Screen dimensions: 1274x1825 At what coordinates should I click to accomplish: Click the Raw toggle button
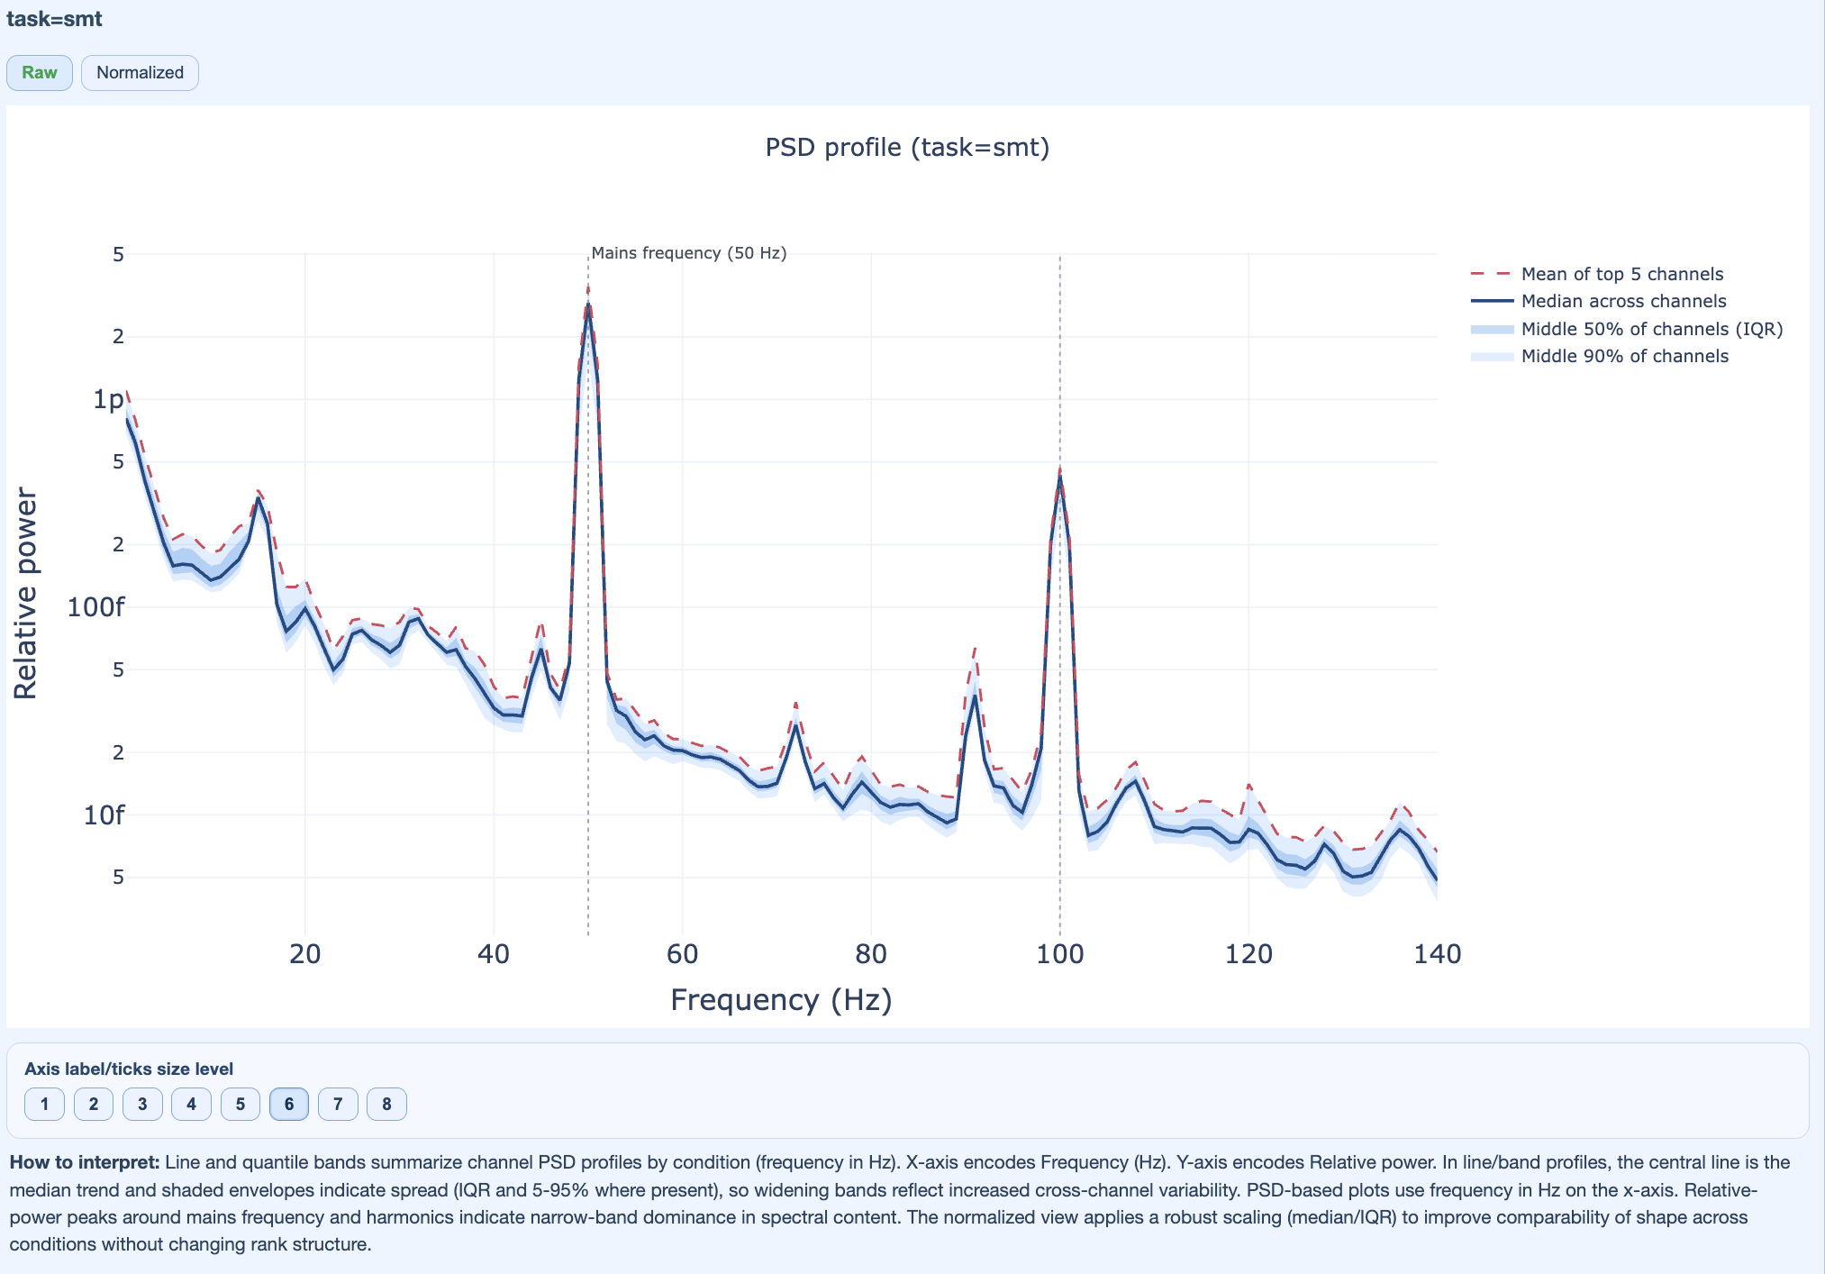point(40,73)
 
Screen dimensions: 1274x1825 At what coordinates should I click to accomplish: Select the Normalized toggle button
point(140,73)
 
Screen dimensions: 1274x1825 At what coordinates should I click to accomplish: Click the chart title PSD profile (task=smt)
point(907,147)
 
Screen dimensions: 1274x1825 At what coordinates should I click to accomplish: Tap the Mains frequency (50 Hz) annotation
point(688,253)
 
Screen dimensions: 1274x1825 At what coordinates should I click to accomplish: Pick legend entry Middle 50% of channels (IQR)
point(1651,329)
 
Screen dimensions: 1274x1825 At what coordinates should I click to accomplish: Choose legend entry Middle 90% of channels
point(1624,356)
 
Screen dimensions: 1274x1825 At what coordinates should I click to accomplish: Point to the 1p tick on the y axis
point(108,399)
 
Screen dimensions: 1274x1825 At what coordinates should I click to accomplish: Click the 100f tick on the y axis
point(95,607)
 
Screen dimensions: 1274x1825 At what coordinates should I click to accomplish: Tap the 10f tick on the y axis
point(104,815)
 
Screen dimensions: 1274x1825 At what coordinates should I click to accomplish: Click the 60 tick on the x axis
point(682,954)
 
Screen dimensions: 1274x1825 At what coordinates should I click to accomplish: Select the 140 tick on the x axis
point(1437,954)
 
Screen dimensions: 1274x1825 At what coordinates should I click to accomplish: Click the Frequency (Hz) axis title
point(781,1000)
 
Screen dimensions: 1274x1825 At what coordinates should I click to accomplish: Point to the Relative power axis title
point(25,594)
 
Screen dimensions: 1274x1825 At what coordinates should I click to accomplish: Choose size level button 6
point(288,1104)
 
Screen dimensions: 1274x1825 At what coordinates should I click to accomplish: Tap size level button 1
point(44,1104)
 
